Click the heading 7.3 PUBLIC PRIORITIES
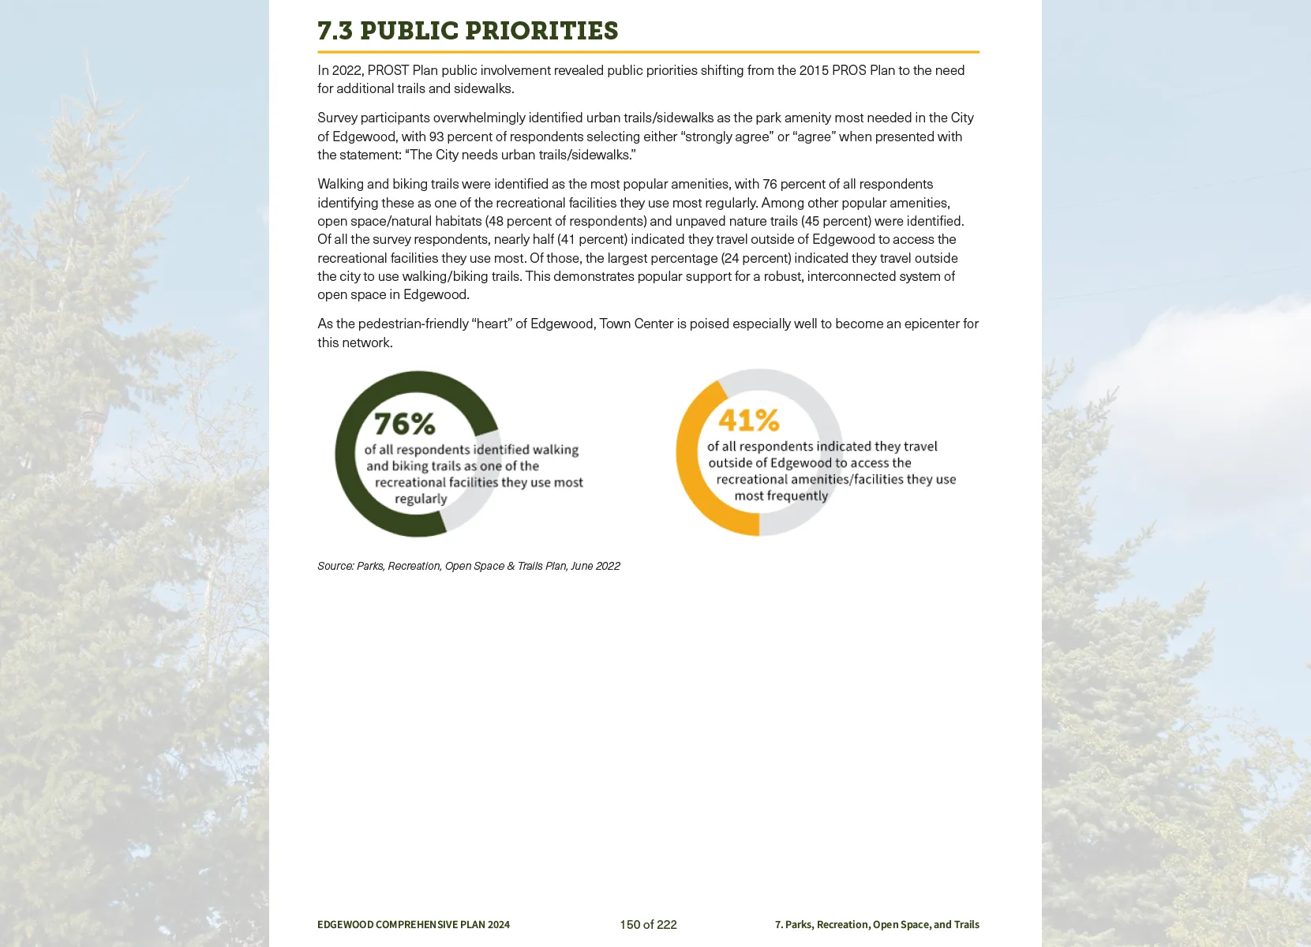coord(467,31)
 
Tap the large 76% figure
coord(404,424)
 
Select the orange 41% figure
coord(748,420)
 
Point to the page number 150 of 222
coord(648,924)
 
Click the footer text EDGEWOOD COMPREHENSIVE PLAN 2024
coord(414,924)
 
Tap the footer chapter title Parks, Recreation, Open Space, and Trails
coord(882,924)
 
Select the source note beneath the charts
coord(468,566)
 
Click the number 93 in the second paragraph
coord(436,137)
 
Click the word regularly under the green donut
coord(421,499)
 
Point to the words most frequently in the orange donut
coord(781,496)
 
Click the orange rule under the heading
coord(648,52)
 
